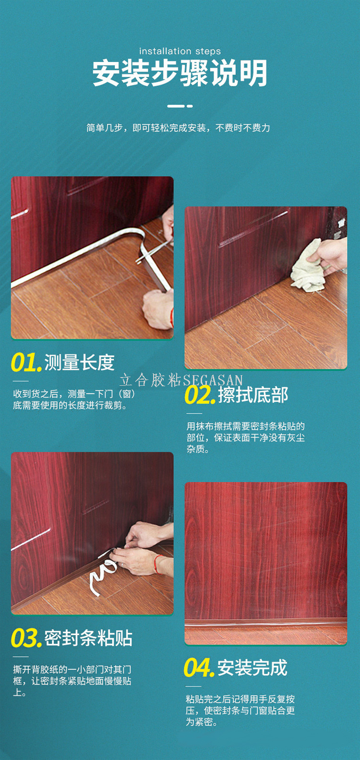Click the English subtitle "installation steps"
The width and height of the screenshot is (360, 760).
(x=180, y=51)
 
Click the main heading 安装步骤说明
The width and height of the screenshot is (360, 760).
(x=180, y=73)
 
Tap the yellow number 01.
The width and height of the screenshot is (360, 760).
(x=26, y=362)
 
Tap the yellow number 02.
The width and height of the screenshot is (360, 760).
(x=200, y=395)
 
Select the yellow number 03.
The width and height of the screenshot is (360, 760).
(x=26, y=638)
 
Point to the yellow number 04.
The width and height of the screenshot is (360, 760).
(x=199, y=668)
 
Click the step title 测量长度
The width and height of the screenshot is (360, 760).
(x=79, y=362)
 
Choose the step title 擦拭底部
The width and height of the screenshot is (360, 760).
(x=253, y=395)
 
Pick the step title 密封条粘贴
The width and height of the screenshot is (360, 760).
(x=88, y=638)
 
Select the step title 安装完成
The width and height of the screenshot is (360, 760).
(x=252, y=668)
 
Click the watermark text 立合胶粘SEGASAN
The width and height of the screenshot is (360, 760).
(x=181, y=380)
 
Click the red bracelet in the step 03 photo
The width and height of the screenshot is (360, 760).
(x=156, y=564)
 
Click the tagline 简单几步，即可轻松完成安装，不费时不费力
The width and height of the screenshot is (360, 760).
(x=178, y=128)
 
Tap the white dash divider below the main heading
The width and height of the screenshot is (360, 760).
(x=180, y=106)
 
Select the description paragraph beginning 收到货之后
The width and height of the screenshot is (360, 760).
(x=74, y=399)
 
